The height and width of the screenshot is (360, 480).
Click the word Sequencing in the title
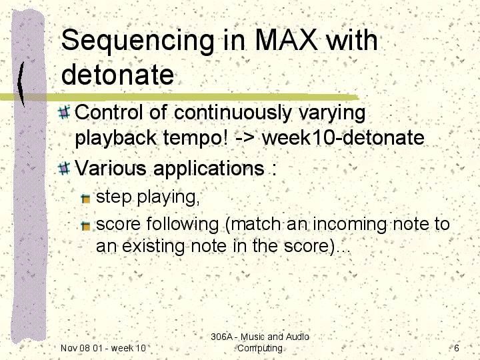coord(137,41)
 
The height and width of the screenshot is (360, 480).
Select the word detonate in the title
coord(117,75)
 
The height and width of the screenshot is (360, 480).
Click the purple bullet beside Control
coord(64,112)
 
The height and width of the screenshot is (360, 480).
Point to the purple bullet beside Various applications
coord(64,168)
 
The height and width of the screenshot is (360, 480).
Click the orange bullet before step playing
coord(86,199)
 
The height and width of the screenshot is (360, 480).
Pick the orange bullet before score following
coord(86,226)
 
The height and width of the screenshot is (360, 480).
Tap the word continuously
coord(233,113)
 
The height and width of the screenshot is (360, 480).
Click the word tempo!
coord(195,139)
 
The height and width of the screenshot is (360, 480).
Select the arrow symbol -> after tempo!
coord(245,139)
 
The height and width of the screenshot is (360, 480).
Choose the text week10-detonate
coord(343,137)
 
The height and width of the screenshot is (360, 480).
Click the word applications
coord(209,169)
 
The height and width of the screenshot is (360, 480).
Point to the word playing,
coord(169,197)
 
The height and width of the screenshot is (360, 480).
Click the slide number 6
coord(457,348)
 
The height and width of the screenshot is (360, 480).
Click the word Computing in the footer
coord(260,349)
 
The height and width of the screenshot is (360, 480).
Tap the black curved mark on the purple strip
coord(21,83)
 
